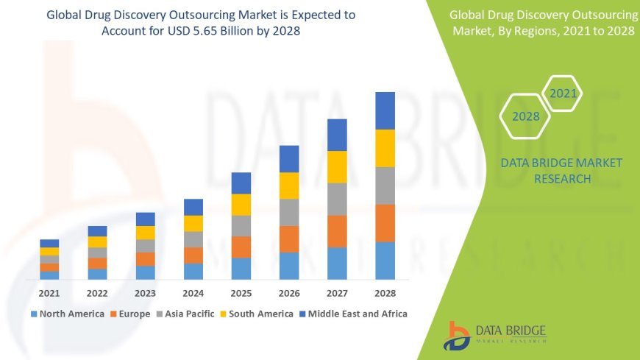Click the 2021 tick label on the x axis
coord(49,292)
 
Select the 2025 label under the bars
coord(241,292)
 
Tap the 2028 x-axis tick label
coord(385,292)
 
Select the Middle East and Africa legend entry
coord(356,314)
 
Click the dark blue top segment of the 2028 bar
coord(385,110)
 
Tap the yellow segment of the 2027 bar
coord(337,166)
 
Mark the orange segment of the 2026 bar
coord(289,239)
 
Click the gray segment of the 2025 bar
coord(241,225)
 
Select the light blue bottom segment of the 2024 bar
coord(193,271)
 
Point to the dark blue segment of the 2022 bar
coord(97,231)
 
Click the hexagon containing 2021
coord(563,93)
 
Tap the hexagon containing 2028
coord(525,116)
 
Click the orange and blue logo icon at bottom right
coord(458,336)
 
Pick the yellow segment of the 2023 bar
coord(146,233)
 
